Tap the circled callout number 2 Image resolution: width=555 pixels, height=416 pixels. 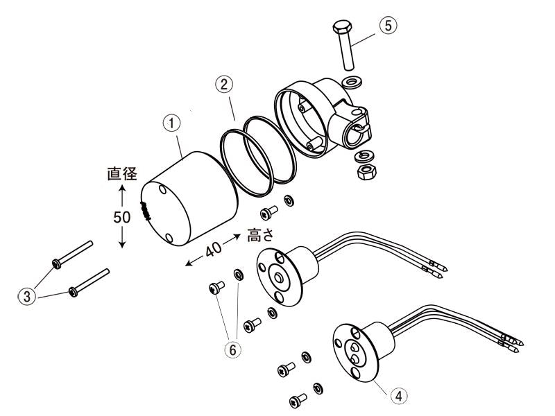(x=222, y=85)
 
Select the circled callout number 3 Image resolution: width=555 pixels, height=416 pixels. (x=26, y=297)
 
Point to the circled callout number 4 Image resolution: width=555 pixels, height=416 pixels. (x=398, y=395)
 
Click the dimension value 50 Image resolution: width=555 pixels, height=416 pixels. (x=122, y=217)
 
